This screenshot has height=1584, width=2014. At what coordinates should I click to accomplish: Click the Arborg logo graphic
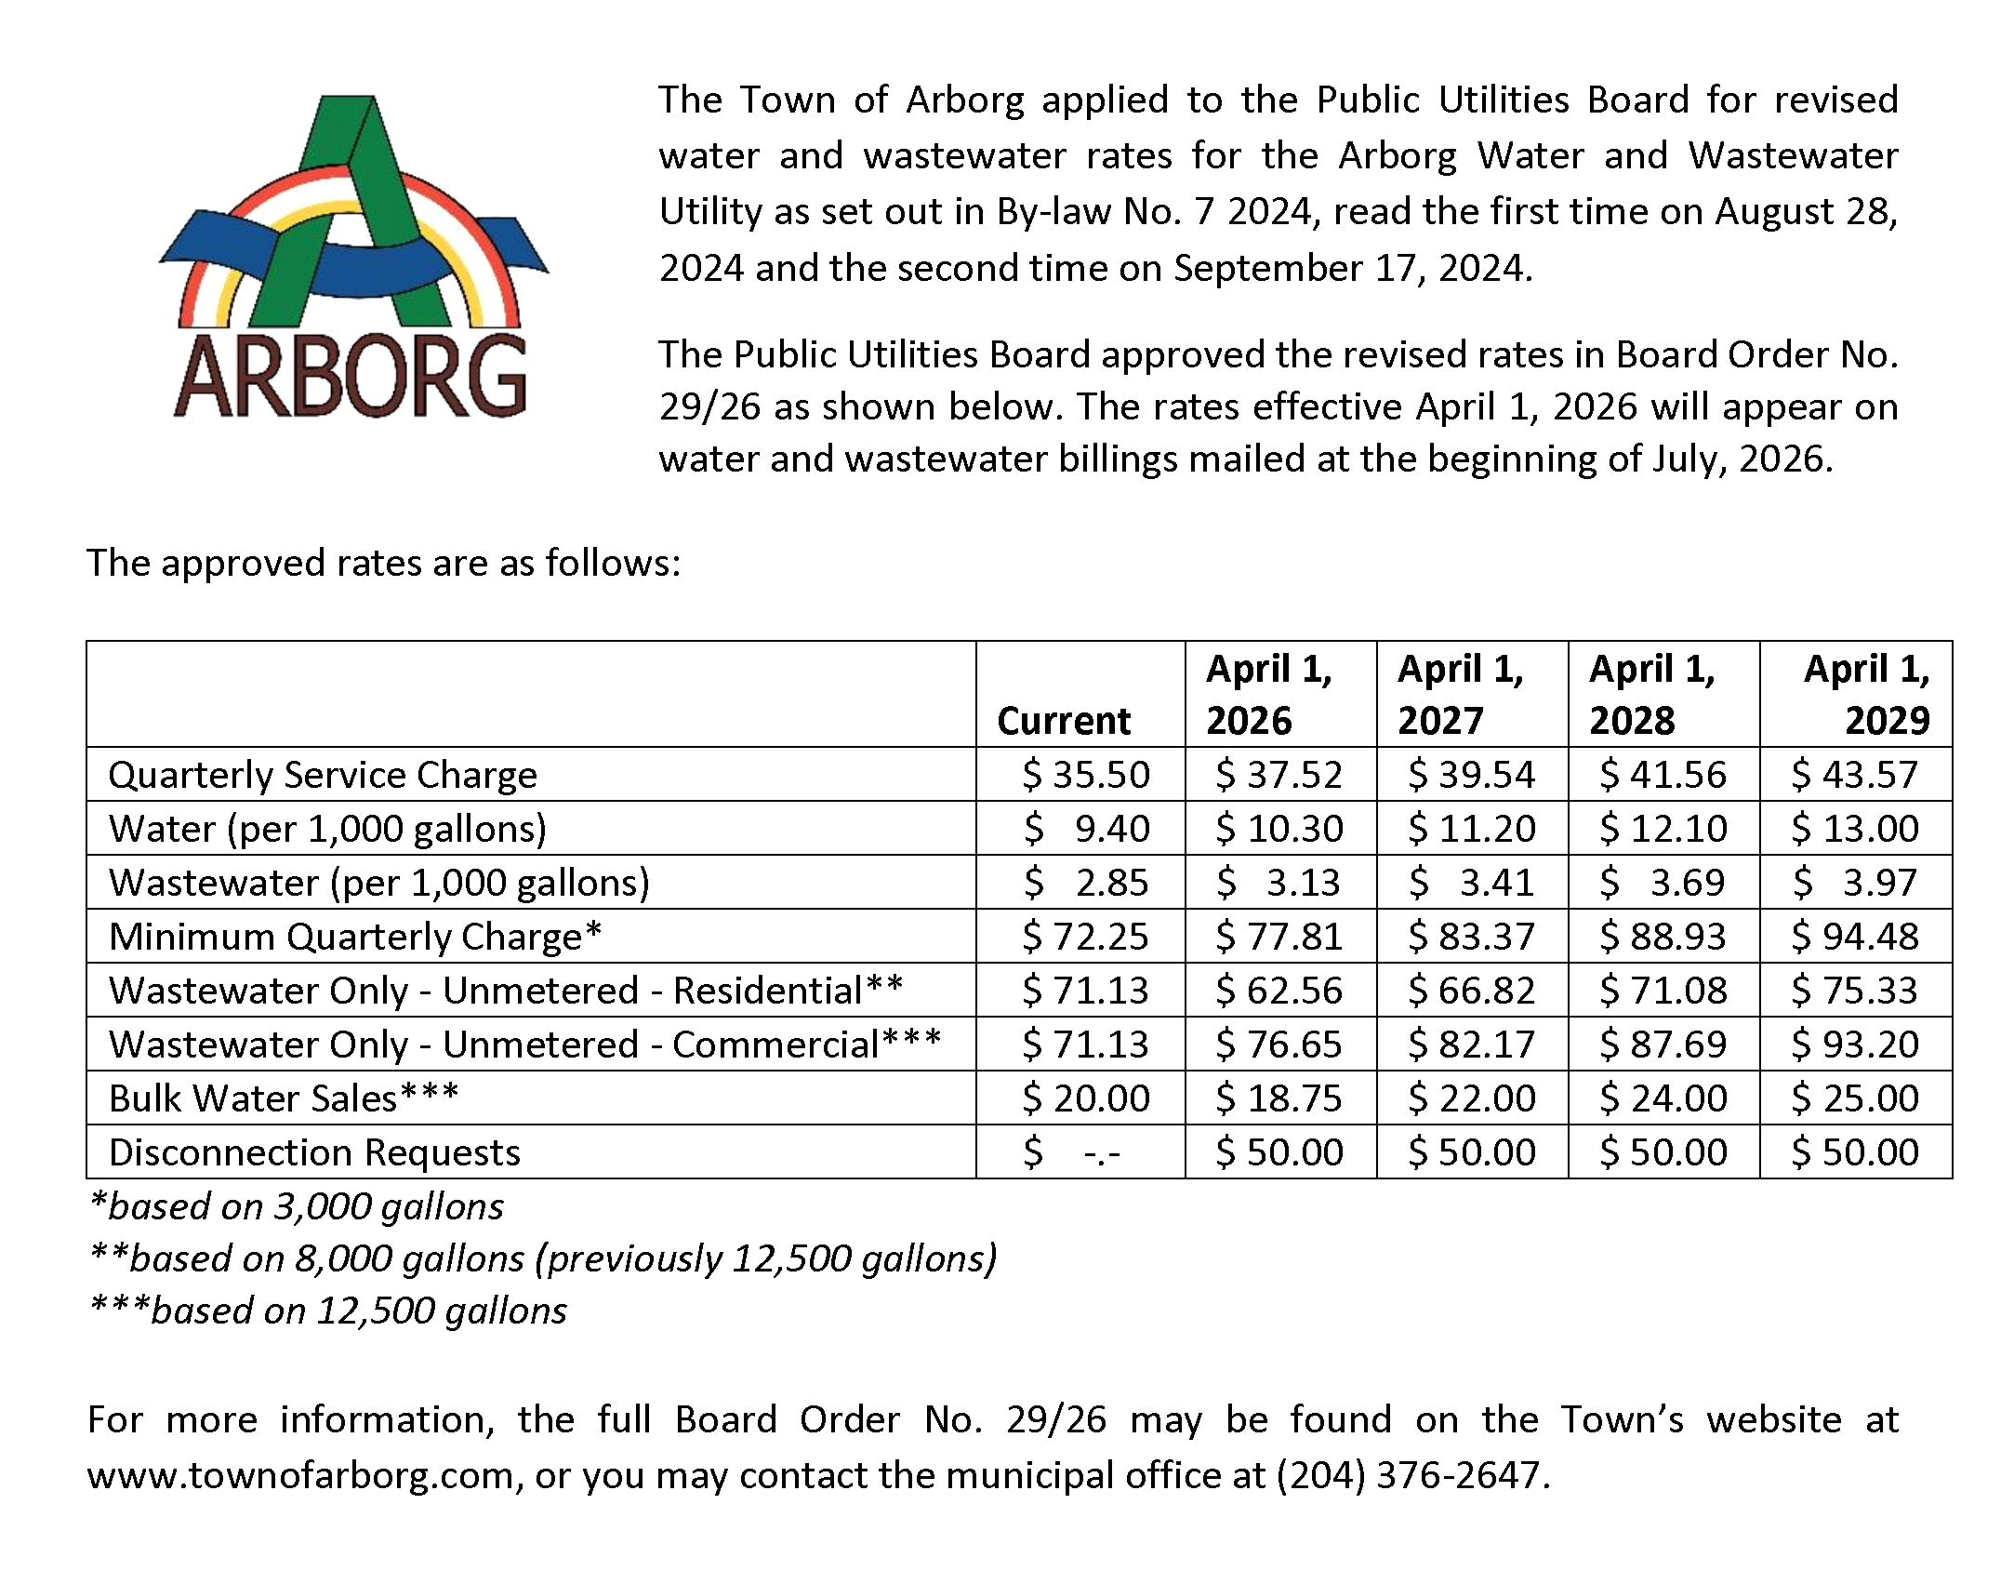353,256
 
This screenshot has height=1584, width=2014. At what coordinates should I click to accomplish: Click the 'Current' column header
1064,721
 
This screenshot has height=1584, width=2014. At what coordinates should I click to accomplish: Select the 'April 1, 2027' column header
1461,695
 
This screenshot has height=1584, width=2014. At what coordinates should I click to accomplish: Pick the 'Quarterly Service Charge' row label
323,775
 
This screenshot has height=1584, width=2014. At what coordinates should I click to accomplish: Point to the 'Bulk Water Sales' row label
284,1098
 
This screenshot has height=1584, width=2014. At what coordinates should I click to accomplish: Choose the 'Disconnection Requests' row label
314,1152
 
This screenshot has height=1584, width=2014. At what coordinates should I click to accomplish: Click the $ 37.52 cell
1279,775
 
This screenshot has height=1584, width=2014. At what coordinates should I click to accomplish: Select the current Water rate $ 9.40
1086,829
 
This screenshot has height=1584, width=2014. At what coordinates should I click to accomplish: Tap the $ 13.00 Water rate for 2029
1855,829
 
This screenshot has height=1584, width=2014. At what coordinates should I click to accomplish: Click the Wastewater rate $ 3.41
1471,883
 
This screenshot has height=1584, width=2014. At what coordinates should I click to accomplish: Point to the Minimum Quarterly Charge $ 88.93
1663,937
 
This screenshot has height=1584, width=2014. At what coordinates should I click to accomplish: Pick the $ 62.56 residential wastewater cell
1279,991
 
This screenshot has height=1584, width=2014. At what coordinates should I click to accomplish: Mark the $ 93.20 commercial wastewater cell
1855,1045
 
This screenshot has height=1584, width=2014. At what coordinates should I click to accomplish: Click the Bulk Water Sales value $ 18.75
1279,1098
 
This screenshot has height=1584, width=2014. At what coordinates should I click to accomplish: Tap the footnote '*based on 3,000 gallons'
297,1206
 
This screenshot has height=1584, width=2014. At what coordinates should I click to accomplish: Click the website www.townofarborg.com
300,1475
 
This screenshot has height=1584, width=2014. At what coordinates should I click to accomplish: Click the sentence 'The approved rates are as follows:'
383,563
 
